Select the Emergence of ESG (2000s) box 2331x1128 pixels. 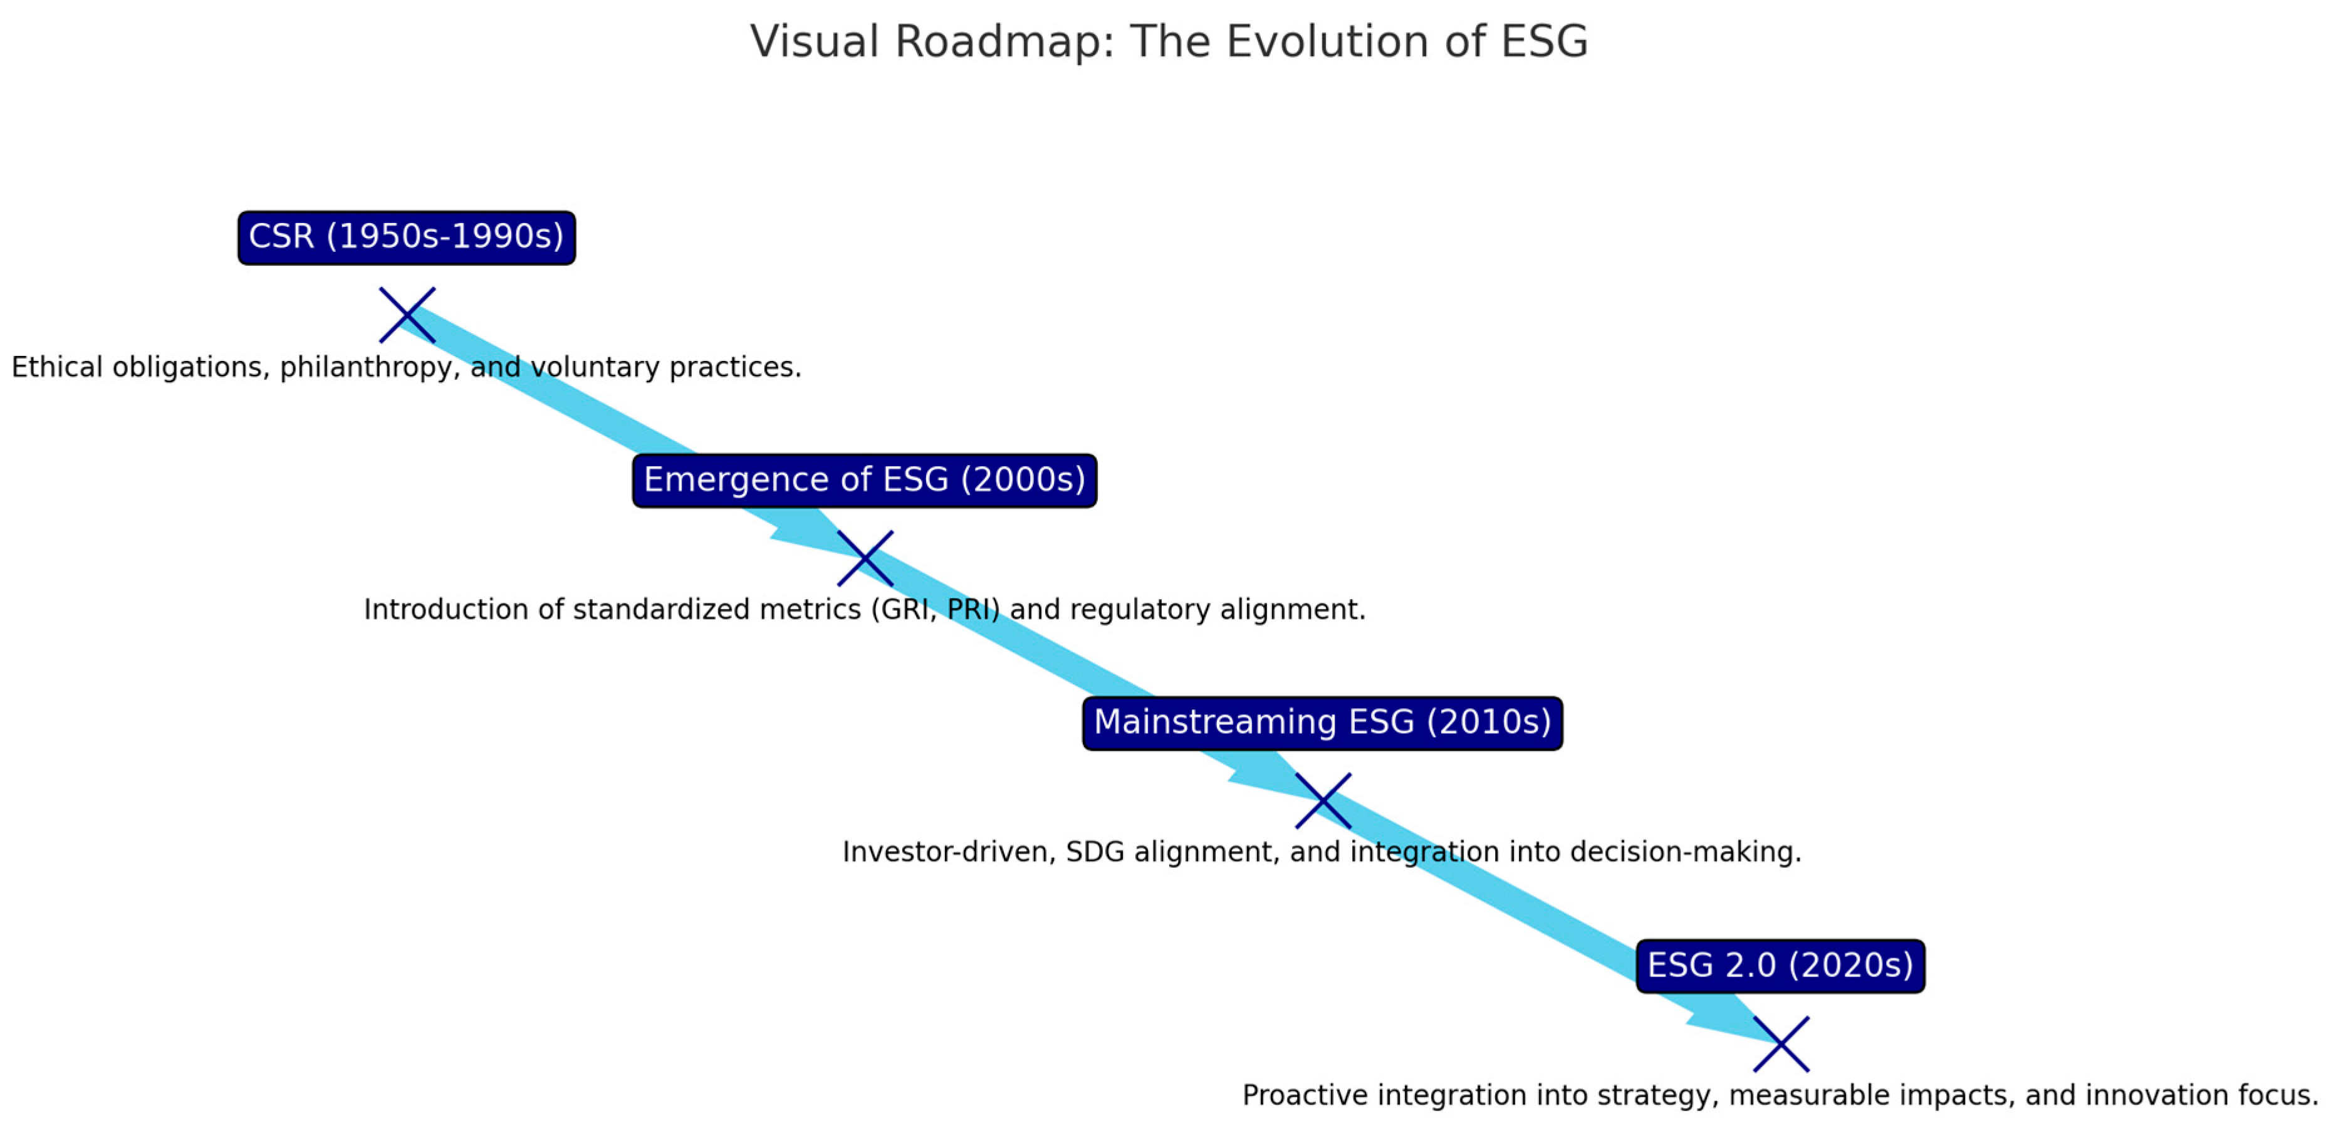(864, 481)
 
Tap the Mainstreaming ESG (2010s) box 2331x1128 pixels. (1322, 723)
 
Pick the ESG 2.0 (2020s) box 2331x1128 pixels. (1780, 966)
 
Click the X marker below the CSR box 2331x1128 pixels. (407, 315)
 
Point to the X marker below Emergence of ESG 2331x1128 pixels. (865, 558)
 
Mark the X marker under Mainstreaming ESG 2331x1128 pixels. (1323, 800)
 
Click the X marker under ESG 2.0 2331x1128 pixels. (1781, 1044)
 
